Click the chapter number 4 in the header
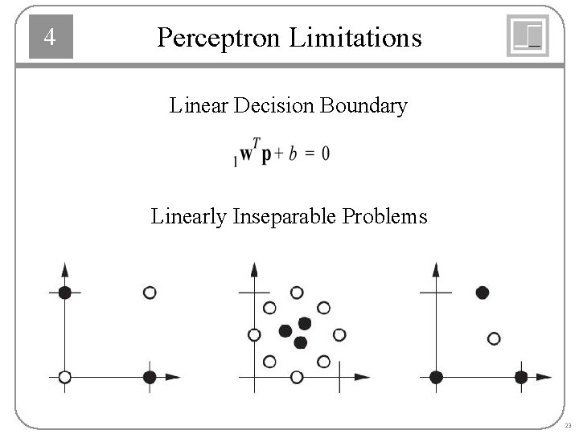[x=50, y=37]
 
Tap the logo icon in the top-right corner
[x=528, y=36]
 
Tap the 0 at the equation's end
[x=325, y=154]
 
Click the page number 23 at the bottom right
[x=568, y=425]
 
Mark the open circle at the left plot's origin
[x=65, y=376]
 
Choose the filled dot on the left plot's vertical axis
[x=65, y=293]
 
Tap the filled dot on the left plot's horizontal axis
[x=150, y=376]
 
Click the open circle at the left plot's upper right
[x=150, y=293]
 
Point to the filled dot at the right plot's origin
[x=436, y=376]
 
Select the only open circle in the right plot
[x=494, y=338]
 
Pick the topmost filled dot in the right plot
[x=482, y=293]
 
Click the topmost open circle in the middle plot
[x=297, y=293]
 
